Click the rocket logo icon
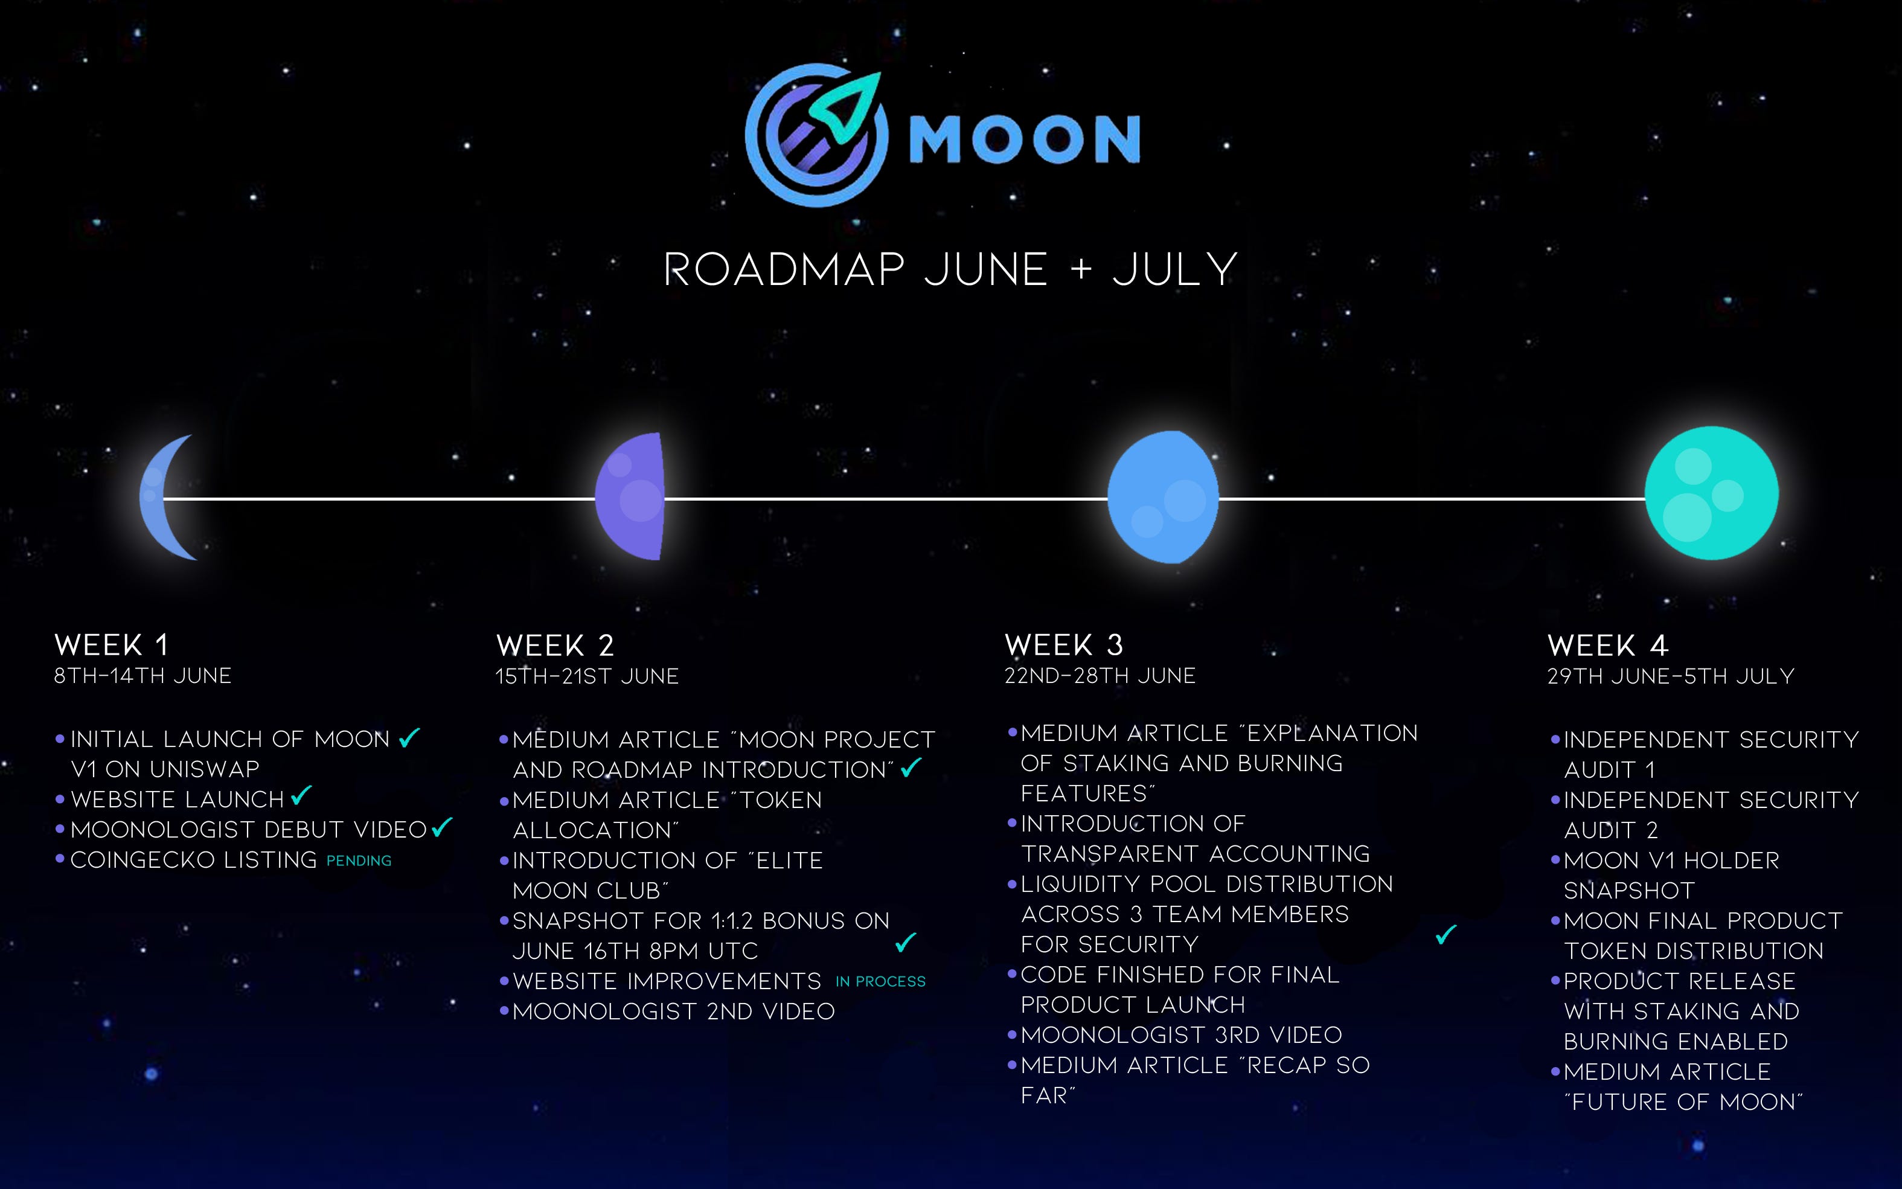click(817, 135)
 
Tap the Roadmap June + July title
click(950, 270)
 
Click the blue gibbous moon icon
click(1163, 497)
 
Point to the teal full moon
click(1712, 494)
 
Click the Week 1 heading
click(112, 646)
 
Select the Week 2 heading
click(555, 646)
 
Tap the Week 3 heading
click(1064, 646)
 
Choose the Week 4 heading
click(1608, 646)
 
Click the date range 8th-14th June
click(142, 676)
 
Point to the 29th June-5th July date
click(1671, 676)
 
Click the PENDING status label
click(359, 861)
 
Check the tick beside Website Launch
click(301, 796)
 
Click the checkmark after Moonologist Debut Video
click(443, 827)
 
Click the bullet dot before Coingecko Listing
click(60, 859)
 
